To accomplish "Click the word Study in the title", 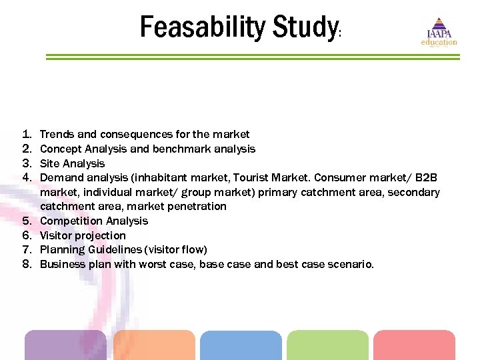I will click(304, 28).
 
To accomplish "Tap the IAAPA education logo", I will click(439, 32).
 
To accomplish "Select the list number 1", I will click(26, 135).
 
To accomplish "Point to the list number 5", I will click(26, 221).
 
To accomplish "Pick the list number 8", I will click(26, 264).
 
